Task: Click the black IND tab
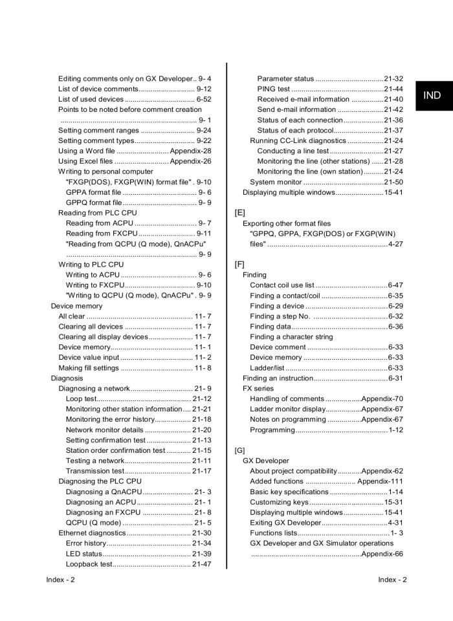pos(432,96)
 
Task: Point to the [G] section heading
pos(239,450)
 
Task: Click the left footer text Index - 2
pos(60,580)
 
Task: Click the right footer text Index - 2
pos(392,580)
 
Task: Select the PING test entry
pos(273,89)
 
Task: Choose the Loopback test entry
pos(89,564)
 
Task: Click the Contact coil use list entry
pos(282,285)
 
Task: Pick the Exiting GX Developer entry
pos(285,523)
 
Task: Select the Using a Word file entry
pos(87,151)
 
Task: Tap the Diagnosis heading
pos(67,378)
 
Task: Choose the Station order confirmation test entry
pos(115,450)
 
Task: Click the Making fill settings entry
pos(89,368)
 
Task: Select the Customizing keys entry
pos(279,502)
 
